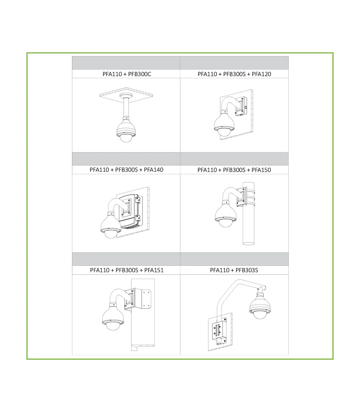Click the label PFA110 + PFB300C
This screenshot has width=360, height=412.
(x=127, y=74)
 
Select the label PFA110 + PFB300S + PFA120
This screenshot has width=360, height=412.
(x=234, y=74)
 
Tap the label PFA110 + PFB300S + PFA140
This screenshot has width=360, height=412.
(x=126, y=170)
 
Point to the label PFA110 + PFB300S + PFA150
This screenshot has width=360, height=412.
(x=234, y=170)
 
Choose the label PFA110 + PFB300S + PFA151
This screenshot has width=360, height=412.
(x=127, y=270)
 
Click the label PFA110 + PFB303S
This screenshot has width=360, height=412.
(x=234, y=270)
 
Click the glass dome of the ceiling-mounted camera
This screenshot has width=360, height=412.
(x=126, y=138)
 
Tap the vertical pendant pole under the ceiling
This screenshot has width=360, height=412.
(x=126, y=107)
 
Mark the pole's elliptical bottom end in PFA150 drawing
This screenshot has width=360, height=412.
(x=248, y=244)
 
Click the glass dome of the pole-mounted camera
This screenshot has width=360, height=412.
(x=225, y=223)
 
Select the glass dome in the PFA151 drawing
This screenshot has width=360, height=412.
(x=112, y=326)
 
